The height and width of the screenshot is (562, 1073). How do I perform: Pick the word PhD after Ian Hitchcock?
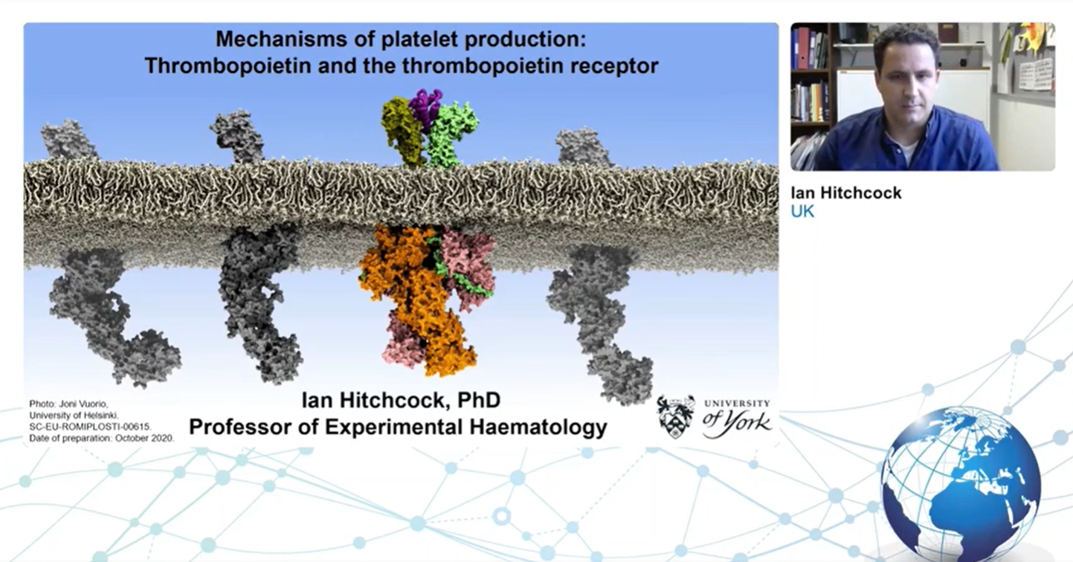tap(479, 400)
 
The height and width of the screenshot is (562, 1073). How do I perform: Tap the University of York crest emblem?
tap(675, 416)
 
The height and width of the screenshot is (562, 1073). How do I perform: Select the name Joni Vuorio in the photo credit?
tap(84, 404)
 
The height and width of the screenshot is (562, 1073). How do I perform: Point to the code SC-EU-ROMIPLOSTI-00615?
tap(90, 427)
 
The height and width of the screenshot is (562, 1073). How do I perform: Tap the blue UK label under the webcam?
tap(802, 212)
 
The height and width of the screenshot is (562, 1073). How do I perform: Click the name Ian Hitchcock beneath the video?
tap(846, 193)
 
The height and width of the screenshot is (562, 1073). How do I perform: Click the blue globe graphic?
tap(961, 483)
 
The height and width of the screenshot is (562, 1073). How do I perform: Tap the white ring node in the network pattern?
tap(501, 517)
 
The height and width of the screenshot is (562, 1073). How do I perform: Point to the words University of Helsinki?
tap(74, 415)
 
